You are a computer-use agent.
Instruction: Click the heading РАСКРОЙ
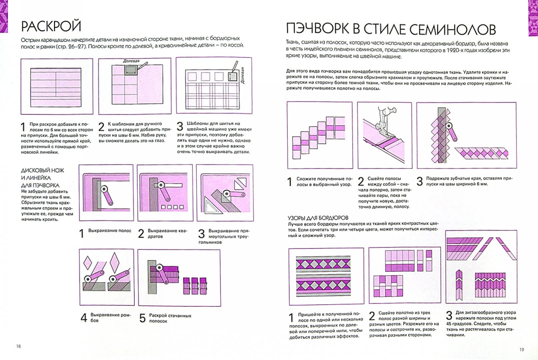pyautogui.click(x=51, y=26)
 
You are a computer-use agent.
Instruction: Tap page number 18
pyautogui.click(x=18, y=346)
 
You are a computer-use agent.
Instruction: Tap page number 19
pyautogui.click(x=521, y=349)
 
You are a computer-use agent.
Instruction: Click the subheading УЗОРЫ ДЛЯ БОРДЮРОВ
pyautogui.click(x=318, y=218)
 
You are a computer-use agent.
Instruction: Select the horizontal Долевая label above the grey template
pyautogui.click(x=131, y=61)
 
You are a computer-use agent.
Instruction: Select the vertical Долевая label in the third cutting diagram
pyautogui.click(x=243, y=75)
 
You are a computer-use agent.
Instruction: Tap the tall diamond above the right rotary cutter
pyautogui.click(x=115, y=262)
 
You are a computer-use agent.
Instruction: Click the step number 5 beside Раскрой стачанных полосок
pyautogui.click(x=142, y=318)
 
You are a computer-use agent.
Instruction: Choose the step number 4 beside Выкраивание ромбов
pyautogui.click(x=84, y=318)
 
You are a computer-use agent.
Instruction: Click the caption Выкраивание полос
pyautogui.click(x=110, y=231)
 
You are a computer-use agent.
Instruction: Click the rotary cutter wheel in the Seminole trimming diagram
pyautogui.click(x=449, y=126)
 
